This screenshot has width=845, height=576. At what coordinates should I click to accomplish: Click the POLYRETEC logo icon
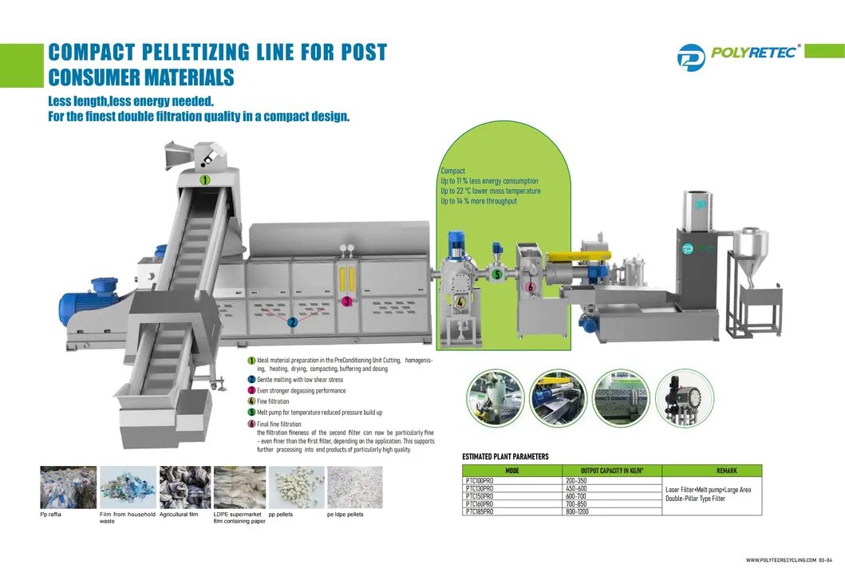coord(691,56)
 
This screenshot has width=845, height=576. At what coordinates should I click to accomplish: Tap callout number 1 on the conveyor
coord(205,180)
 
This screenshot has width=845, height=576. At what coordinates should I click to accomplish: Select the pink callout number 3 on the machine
coord(346,302)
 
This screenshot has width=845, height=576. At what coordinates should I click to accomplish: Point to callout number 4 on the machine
coord(460,302)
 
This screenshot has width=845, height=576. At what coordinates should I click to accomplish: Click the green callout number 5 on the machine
coord(496,275)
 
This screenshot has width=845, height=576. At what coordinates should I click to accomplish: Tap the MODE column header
coord(512,471)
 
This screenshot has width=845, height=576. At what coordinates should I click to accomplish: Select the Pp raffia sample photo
coord(68,487)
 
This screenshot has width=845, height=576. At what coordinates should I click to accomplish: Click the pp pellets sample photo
coord(296,487)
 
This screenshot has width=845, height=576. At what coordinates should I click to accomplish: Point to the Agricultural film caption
coord(178,515)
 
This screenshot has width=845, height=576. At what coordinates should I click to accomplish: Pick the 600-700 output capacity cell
coord(576,496)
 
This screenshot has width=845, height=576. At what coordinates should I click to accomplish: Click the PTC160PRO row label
coord(479,504)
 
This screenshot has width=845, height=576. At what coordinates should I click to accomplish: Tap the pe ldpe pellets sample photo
coord(354,487)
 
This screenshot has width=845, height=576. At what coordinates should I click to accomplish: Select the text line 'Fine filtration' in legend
coord(273,401)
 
